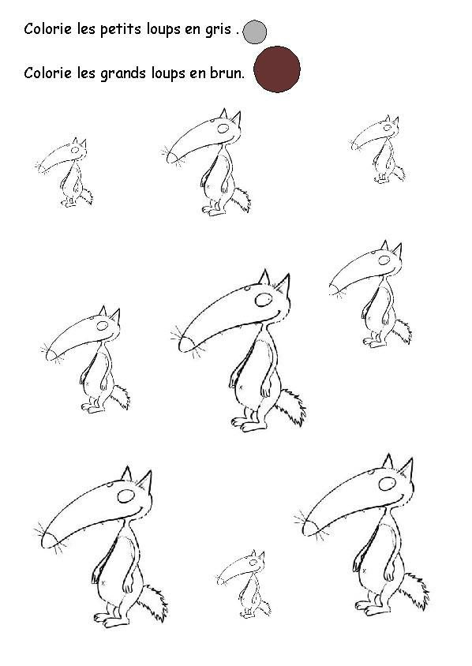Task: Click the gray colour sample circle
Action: (255, 32)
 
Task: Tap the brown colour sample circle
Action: (277, 69)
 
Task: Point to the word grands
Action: (123, 73)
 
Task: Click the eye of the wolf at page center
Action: (264, 299)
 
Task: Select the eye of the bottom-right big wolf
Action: (387, 484)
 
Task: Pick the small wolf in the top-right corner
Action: (377, 149)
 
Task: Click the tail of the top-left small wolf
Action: (86, 195)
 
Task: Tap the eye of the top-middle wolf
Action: (223, 129)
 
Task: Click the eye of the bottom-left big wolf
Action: (126, 496)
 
